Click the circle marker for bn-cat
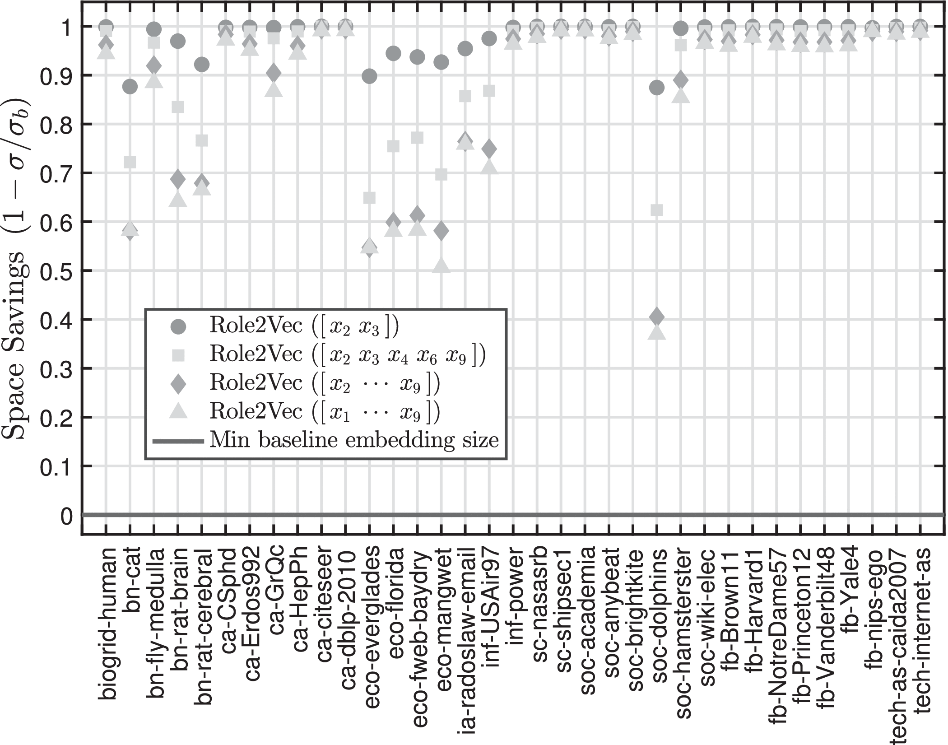pyautogui.click(x=130, y=87)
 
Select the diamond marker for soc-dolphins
pyautogui.click(x=657, y=317)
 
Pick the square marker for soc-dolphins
pyautogui.click(x=657, y=210)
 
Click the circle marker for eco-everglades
pyautogui.click(x=370, y=76)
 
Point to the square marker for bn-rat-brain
pyautogui.click(x=178, y=107)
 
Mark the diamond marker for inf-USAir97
pyautogui.click(x=489, y=149)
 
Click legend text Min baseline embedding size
pyautogui.click(x=354, y=439)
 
